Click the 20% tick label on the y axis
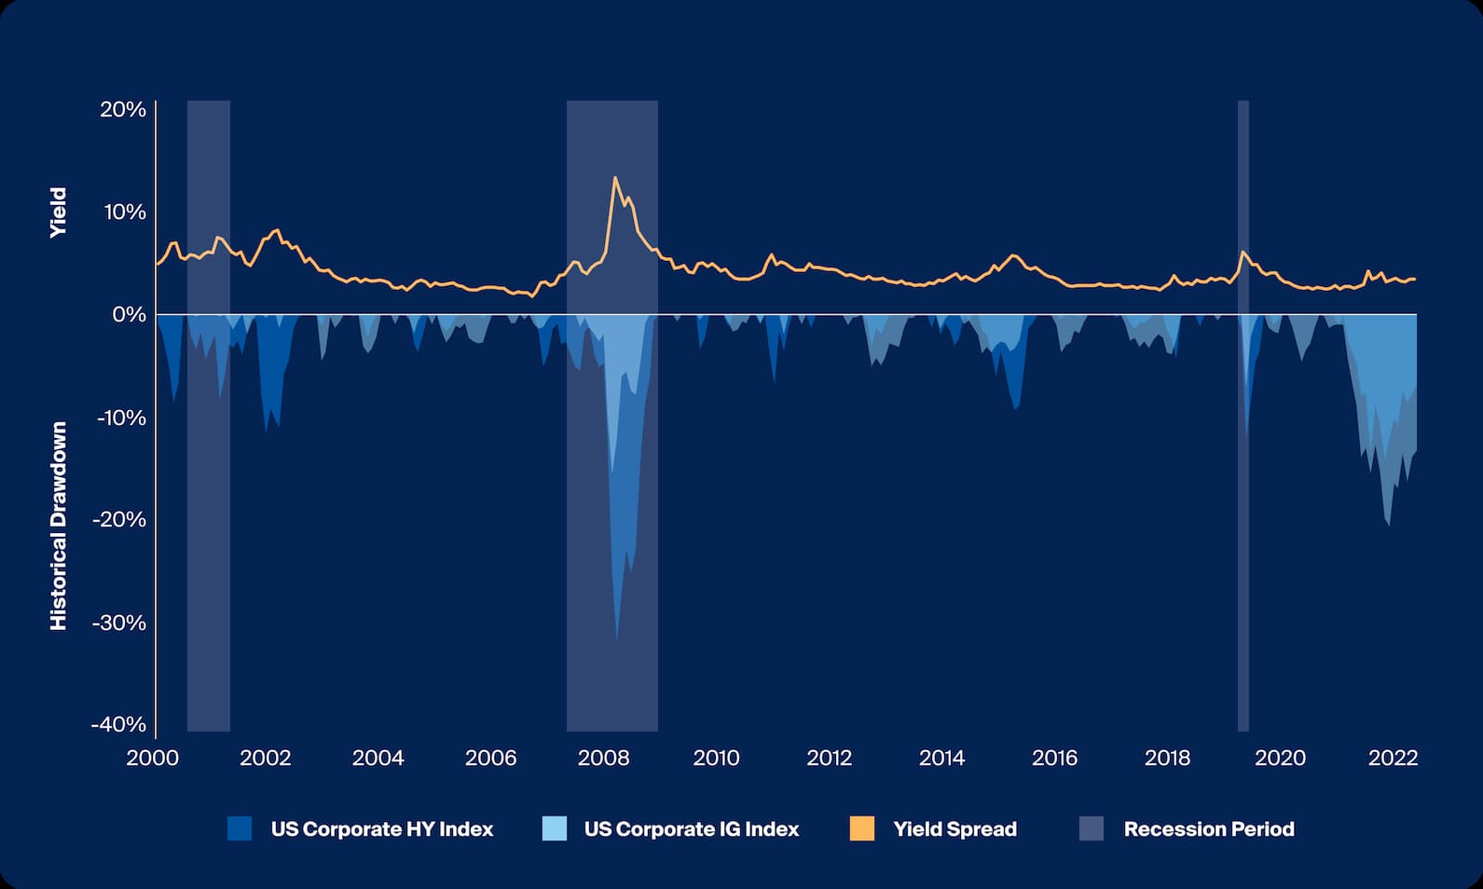click(x=123, y=110)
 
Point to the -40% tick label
click(x=118, y=724)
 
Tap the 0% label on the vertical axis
click(x=129, y=315)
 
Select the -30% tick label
click(x=118, y=622)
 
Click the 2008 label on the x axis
click(x=603, y=758)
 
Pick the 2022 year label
click(x=1393, y=758)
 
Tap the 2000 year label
click(x=153, y=758)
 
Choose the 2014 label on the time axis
click(x=941, y=758)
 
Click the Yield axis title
click(x=59, y=212)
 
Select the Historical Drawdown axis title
click(x=59, y=526)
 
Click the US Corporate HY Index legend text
click(x=381, y=829)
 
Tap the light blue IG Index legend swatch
click(x=554, y=828)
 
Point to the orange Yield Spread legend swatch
click(x=862, y=828)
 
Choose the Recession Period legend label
click(x=1208, y=829)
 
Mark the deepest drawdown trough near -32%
click(x=616, y=638)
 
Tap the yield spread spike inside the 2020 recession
click(x=1243, y=252)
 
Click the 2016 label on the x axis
click(x=1054, y=758)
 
